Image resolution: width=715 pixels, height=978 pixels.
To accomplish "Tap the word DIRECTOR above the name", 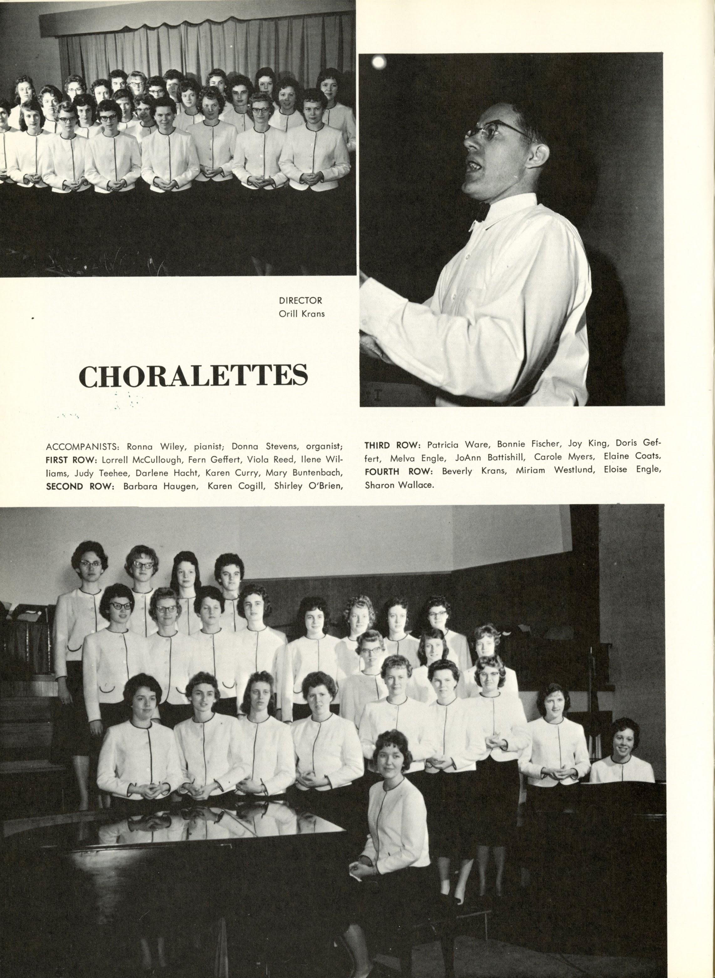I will point(300,300).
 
